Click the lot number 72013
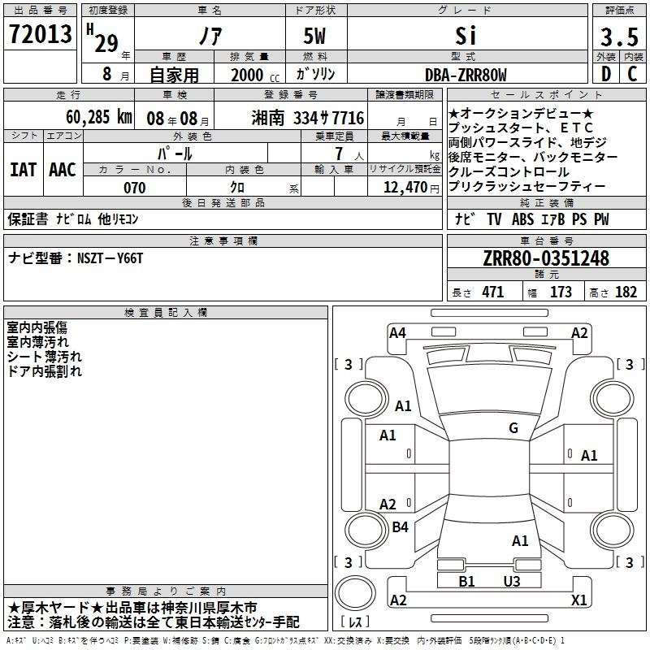click(x=40, y=34)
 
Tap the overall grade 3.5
click(x=619, y=37)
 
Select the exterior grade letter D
click(x=606, y=74)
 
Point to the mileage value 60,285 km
click(x=99, y=117)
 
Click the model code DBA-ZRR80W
click(x=466, y=75)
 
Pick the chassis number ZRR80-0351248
click(x=546, y=258)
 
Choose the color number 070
click(x=135, y=188)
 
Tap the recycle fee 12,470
click(x=405, y=188)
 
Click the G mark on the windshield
click(x=513, y=428)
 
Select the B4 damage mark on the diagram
click(x=400, y=526)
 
